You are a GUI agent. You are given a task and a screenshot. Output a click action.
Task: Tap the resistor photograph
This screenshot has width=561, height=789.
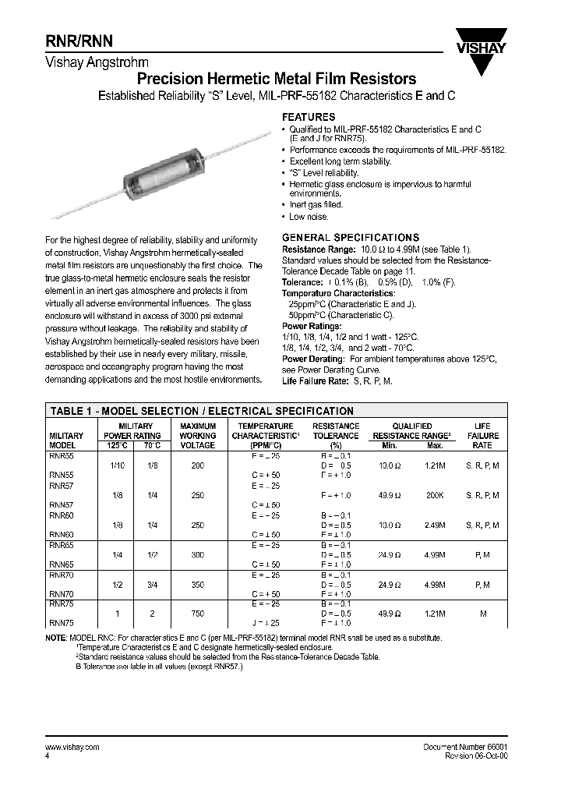(159, 168)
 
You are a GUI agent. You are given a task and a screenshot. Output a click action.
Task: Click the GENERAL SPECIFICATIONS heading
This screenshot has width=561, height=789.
(350, 237)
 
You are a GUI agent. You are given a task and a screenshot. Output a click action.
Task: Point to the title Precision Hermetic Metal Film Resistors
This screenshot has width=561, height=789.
(276, 79)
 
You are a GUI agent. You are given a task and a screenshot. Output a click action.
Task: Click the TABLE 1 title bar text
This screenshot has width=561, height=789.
(202, 411)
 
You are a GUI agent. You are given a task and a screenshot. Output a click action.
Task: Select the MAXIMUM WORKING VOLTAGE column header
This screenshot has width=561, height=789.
(197, 435)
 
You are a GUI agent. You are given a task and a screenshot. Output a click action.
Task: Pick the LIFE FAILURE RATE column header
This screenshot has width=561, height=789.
(482, 435)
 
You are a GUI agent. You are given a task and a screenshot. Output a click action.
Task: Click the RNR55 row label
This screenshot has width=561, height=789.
(62, 455)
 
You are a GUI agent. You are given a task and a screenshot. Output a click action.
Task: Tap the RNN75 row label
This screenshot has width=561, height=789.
(62, 623)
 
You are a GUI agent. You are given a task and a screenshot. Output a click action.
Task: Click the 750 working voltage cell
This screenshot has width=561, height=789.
(197, 614)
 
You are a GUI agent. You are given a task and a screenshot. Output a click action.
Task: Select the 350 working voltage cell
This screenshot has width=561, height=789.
(197, 583)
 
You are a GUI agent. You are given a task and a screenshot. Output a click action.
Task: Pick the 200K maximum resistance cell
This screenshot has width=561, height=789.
(435, 495)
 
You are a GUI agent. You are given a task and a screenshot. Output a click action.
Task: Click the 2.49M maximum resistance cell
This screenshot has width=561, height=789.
(435, 525)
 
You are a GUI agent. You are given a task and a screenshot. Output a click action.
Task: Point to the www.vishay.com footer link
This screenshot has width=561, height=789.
(69, 747)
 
